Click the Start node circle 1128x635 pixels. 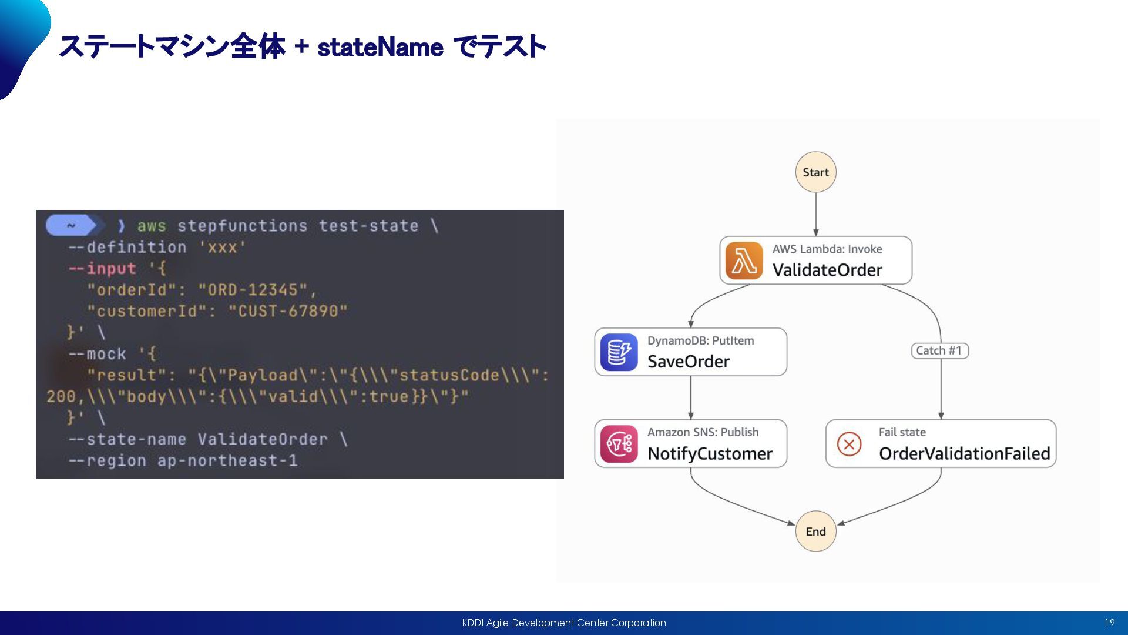coord(815,172)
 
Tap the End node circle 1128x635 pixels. coord(815,532)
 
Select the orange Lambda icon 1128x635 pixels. coord(744,260)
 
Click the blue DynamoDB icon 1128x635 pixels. coord(619,352)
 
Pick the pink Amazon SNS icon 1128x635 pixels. coord(619,444)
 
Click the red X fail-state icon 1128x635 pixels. coord(849,444)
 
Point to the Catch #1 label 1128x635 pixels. coord(939,351)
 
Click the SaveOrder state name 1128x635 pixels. coord(689,362)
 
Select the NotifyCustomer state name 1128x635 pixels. coord(710,454)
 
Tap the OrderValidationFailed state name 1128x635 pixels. coord(964,454)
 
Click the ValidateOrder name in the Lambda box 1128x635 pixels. coord(827,270)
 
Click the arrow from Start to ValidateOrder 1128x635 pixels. coord(815,215)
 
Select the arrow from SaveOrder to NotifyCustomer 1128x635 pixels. coord(691,397)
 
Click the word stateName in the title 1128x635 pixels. coord(380,47)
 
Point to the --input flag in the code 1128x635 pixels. coord(102,269)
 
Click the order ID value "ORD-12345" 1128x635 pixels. coord(253,290)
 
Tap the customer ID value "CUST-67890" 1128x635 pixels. coord(288,311)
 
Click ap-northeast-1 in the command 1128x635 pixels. coord(227,461)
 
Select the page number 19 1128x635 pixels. coord(1109,623)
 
